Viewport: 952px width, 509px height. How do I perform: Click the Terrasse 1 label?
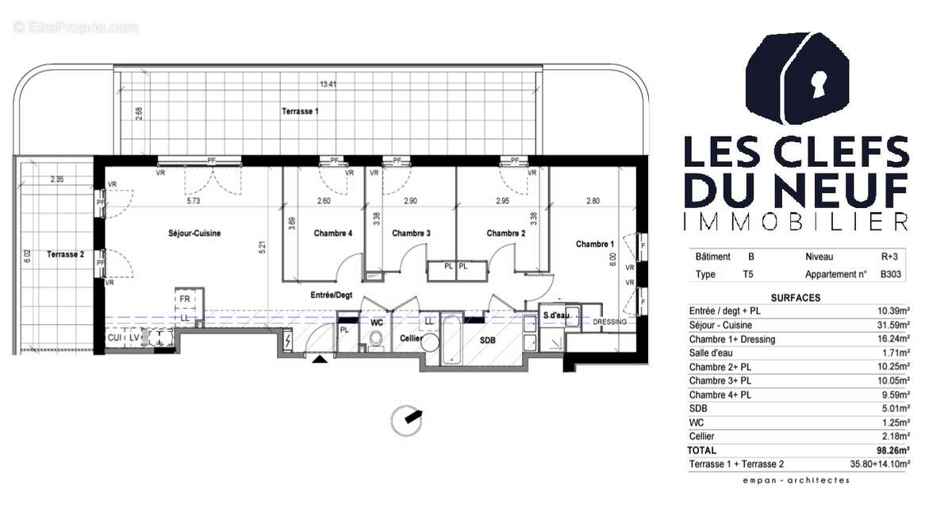(x=300, y=112)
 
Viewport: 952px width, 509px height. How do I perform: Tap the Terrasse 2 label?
(x=65, y=254)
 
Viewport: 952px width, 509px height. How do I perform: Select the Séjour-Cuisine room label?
(x=194, y=233)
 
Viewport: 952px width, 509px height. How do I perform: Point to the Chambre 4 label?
(x=333, y=233)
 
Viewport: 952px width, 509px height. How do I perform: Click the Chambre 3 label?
(x=411, y=233)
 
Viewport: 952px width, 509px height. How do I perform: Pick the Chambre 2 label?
(x=506, y=233)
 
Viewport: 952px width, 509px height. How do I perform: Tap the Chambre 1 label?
(x=595, y=245)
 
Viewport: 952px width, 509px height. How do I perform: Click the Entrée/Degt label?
(x=331, y=295)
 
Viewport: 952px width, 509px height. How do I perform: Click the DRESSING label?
(x=611, y=322)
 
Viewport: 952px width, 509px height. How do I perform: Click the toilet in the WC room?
(x=377, y=340)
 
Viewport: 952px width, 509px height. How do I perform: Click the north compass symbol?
(x=409, y=418)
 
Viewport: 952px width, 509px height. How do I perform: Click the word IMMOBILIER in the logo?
(x=795, y=222)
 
